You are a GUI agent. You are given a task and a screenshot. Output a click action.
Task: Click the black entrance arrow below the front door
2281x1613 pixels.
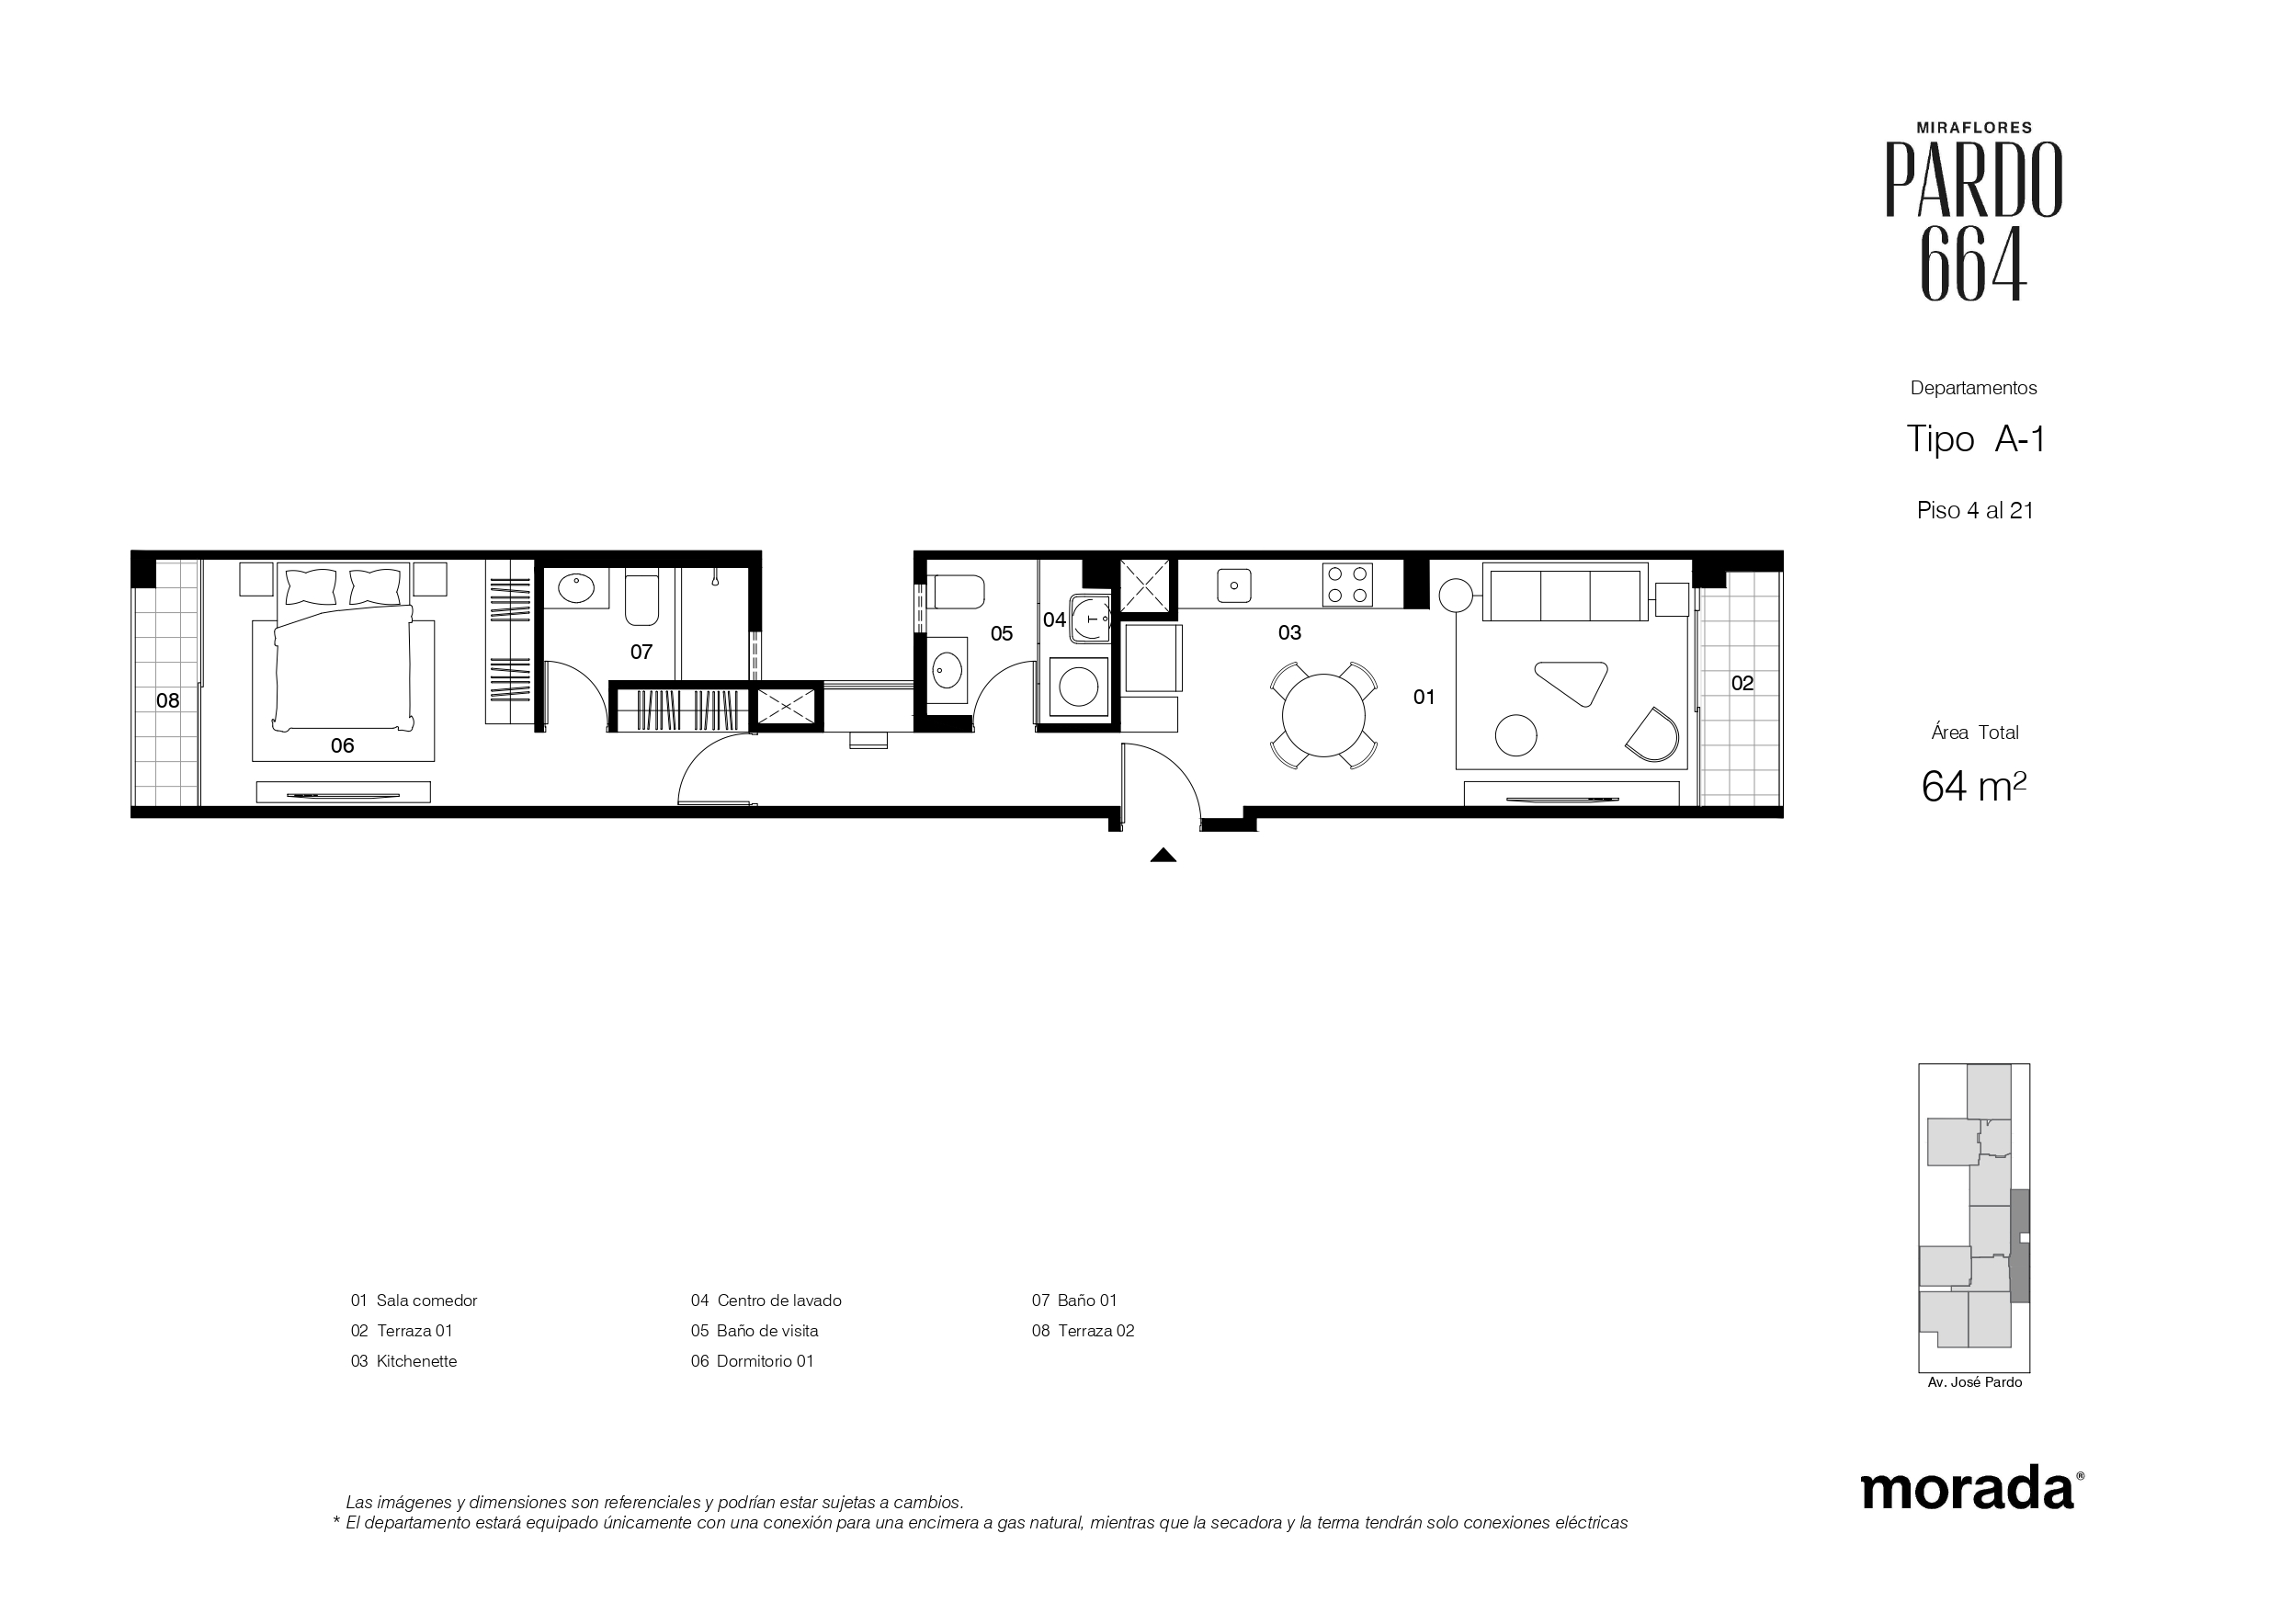(1163, 855)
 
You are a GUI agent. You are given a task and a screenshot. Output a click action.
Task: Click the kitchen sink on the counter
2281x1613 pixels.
(1234, 585)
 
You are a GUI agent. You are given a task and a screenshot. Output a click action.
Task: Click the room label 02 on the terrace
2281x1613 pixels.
(1742, 683)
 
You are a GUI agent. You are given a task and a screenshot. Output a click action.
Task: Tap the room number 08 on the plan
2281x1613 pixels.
(168, 700)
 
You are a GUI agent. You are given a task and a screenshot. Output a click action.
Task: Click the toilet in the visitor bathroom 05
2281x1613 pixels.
(955, 592)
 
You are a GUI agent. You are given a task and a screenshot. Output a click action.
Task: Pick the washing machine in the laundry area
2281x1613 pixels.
(1079, 685)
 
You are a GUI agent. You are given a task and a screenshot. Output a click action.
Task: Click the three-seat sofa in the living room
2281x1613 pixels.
(1565, 592)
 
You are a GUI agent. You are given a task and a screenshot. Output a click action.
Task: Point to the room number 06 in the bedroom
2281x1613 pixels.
(342, 745)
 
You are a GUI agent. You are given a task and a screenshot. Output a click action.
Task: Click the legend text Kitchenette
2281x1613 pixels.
(416, 1361)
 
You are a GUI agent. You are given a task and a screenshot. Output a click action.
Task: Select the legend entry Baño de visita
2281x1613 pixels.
(767, 1331)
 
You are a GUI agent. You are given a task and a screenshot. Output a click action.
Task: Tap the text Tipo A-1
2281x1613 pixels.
(1975, 438)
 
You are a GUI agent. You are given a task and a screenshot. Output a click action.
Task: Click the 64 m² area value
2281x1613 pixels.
(1973, 786)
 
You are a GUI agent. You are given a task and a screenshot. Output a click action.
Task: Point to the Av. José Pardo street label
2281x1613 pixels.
(1974, 1382)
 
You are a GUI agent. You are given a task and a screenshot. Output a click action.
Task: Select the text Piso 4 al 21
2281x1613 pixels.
(1975, 511)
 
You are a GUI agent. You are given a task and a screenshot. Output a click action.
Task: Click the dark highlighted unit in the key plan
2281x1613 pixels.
(2020, 1246)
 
